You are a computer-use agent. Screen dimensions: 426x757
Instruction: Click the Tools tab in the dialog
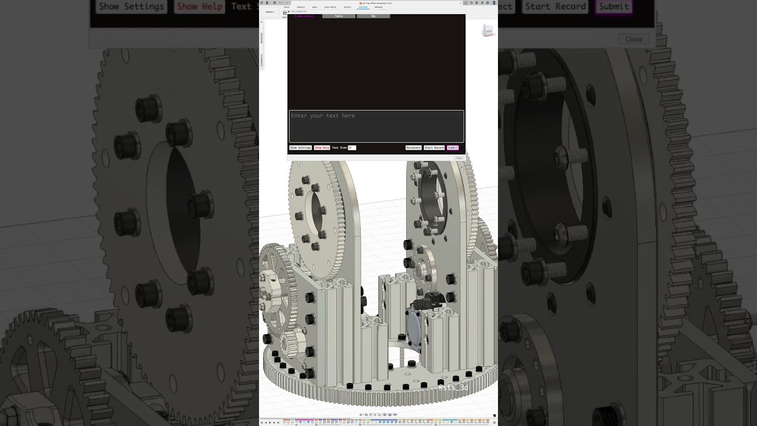tap(338, 16)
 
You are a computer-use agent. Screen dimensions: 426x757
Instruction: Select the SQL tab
tap(373, 16)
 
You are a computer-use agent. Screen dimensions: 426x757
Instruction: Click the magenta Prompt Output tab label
tap(304, 16)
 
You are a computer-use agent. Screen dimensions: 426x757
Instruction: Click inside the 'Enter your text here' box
tap(376, 125)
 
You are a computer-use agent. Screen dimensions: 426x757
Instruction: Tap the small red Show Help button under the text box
tap(322, 147)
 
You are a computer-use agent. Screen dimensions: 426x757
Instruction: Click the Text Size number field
tap(351, 147)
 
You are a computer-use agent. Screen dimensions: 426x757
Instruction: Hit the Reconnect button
tap(413, 147)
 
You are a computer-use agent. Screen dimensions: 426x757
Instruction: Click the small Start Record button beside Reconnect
tap(434, 147)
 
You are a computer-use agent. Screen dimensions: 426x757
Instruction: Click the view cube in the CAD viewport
tap(487, 31)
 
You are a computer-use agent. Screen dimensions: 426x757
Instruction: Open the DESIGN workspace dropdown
tap(269, 12)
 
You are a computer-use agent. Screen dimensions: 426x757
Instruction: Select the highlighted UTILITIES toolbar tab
tap(363, 7)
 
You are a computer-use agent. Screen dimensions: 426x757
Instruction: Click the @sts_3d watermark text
tap(453, 388)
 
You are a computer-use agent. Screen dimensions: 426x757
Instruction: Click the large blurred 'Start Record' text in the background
tap(555, 7)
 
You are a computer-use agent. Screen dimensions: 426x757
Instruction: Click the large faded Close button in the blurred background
tap(633, 39)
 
